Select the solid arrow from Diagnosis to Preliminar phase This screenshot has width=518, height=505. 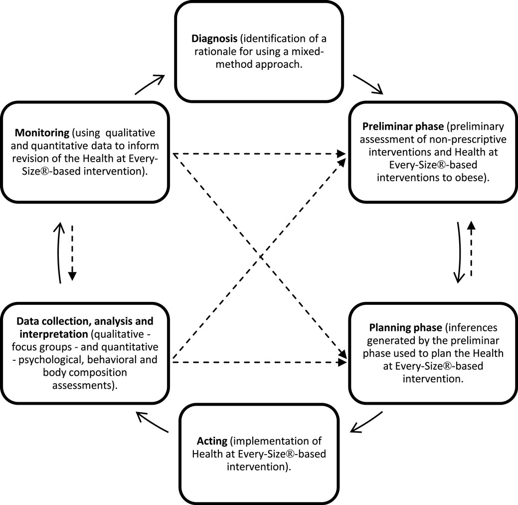[367, 84]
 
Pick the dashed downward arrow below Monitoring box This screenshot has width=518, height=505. [73, 252]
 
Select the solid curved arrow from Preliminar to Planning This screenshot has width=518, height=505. [458, 252]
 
